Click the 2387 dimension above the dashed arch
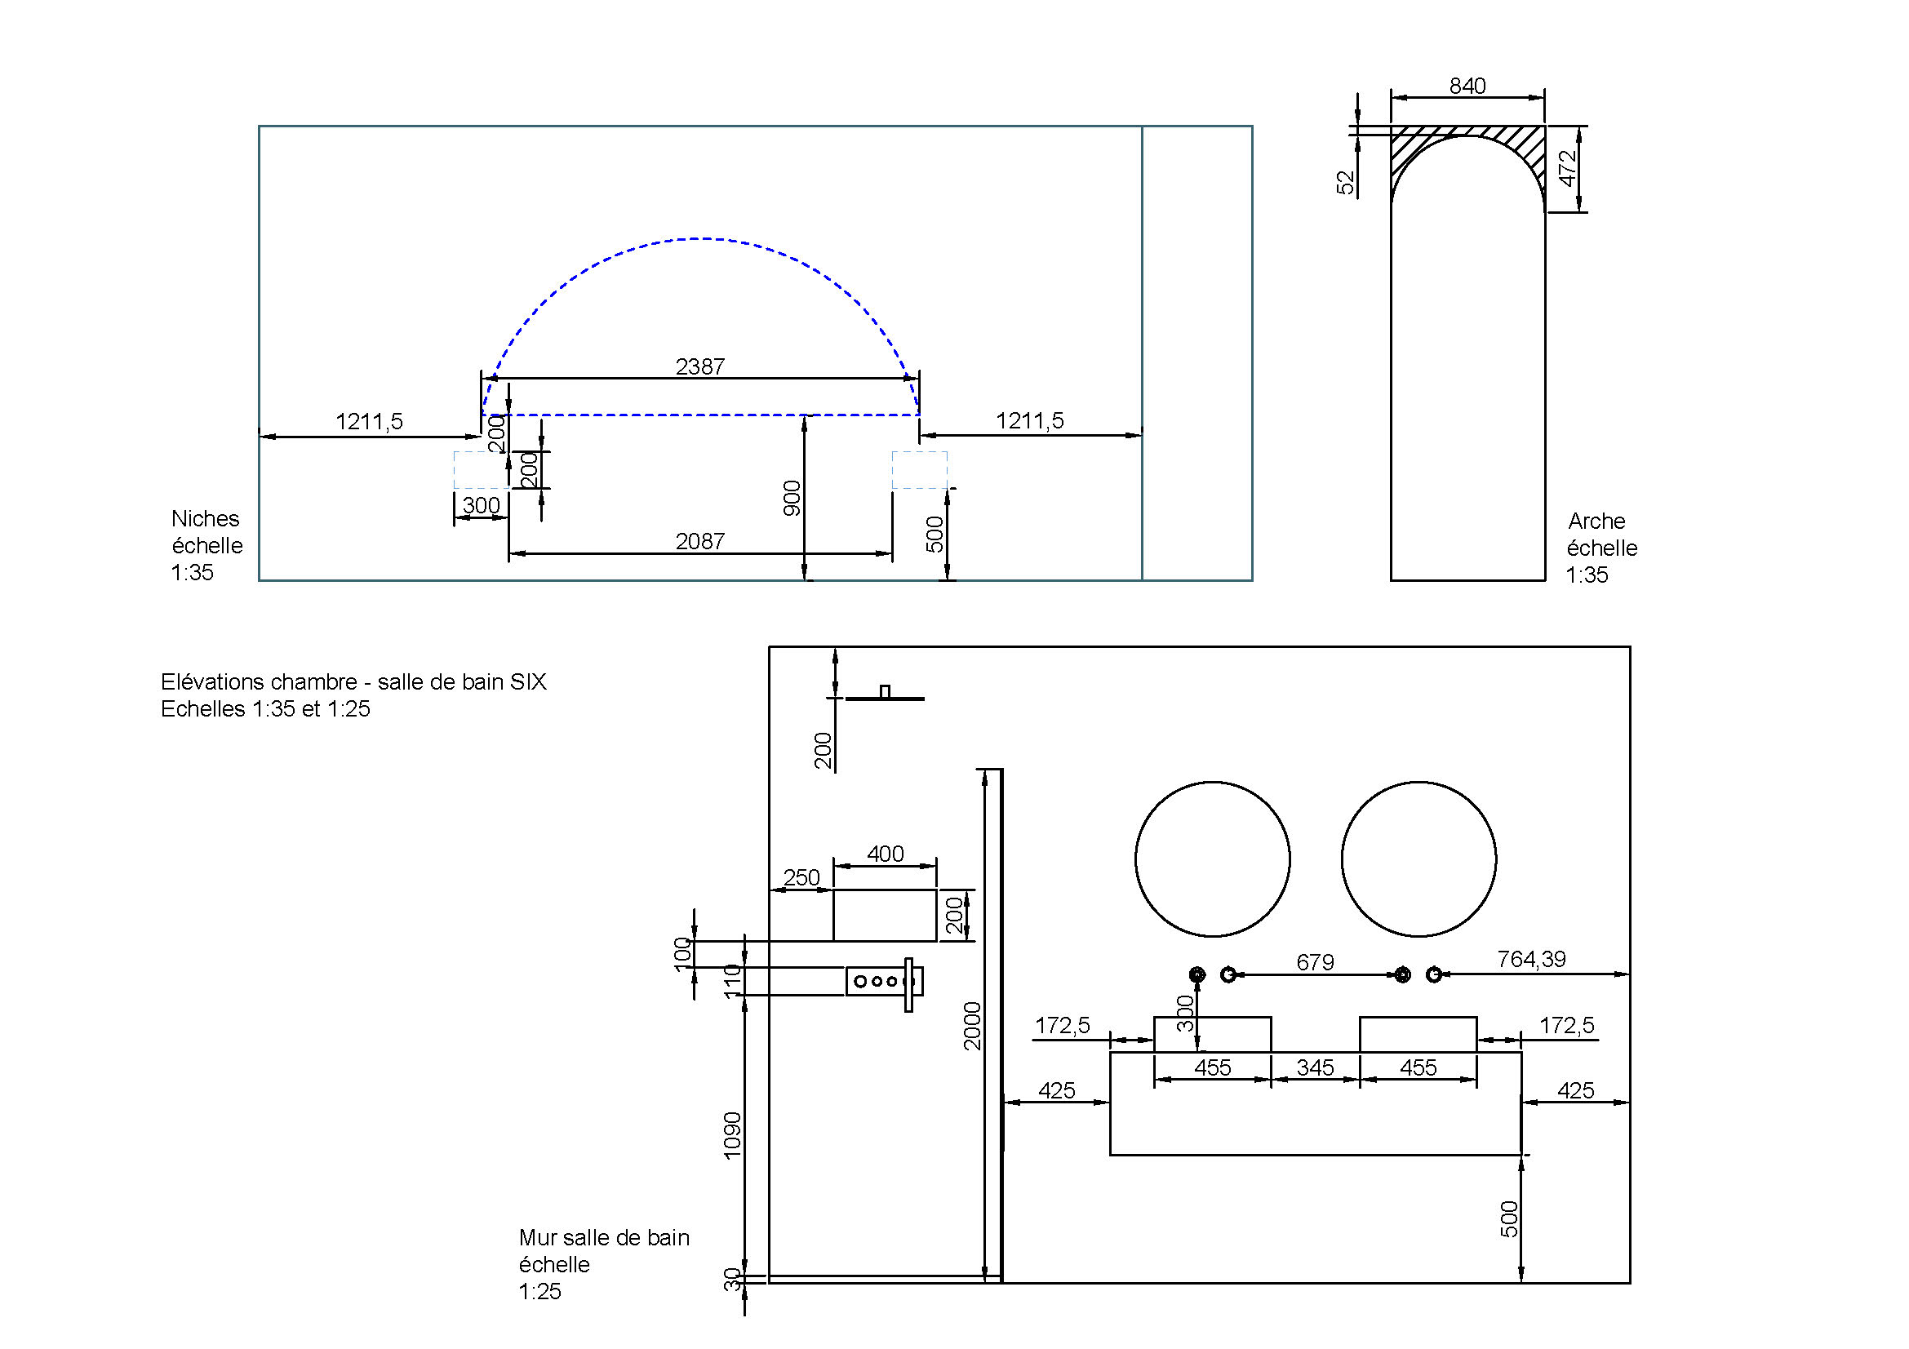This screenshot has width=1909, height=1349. pos(700,366)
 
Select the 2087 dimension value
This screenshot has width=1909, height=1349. pos(700,541)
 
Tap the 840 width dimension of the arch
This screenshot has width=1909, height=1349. pos(1467,87)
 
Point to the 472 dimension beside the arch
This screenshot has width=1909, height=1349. pos(1567,168)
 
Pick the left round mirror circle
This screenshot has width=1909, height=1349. pos(1212,859)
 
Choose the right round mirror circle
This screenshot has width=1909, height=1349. pos(1418,859)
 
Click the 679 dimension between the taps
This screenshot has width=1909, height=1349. pos(1316,961)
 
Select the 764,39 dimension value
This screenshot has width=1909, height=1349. pos(1531,959)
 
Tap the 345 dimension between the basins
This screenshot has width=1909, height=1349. pos(1316,1067)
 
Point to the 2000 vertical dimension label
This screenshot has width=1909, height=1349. pos(973,1026)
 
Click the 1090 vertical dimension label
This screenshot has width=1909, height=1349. pos(731,1134)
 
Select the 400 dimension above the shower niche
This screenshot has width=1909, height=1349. pos(885,854)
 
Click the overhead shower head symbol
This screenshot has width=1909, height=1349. pos(885,695)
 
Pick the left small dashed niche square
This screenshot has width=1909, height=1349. pos(481,469)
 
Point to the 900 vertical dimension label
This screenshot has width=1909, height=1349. pos(792,498)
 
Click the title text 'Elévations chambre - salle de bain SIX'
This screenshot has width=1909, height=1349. pos(353,682)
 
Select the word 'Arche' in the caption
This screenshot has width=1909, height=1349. pos(1596,521)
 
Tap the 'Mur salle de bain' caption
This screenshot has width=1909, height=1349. pos(605,1238)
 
